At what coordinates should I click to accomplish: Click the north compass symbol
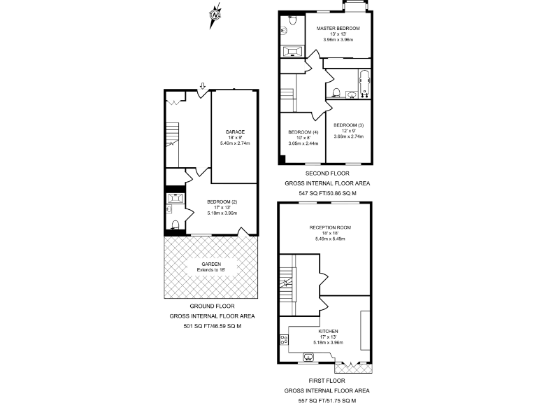pyautogui.click(x=215, y=14)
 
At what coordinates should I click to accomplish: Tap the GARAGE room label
pyautogui.click(x=234, y=132)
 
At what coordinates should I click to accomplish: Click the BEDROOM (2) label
pyautogui.click(x=222, y=201)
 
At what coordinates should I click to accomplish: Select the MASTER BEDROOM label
pyautogui.click(x=338, y=29)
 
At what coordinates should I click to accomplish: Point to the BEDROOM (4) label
pyautogui.click(x=303, y=132)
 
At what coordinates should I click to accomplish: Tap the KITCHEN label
pyautogui.click(x=328, y=331)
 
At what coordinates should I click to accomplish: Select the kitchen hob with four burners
pyautogui.click(x=284, y=340)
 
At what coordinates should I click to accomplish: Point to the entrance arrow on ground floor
pyautogui.click(x=202, y=86)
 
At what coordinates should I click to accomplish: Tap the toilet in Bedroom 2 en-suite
pyautogui.click(x=175, y=225)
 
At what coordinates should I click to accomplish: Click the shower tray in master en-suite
pyautogui.click(x=291, y=50)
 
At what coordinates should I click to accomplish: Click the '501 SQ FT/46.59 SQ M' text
pyautogui.click(x=212, y=325)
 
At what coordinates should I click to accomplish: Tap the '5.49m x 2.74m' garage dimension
pyautogui.click(x=234, y=143)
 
